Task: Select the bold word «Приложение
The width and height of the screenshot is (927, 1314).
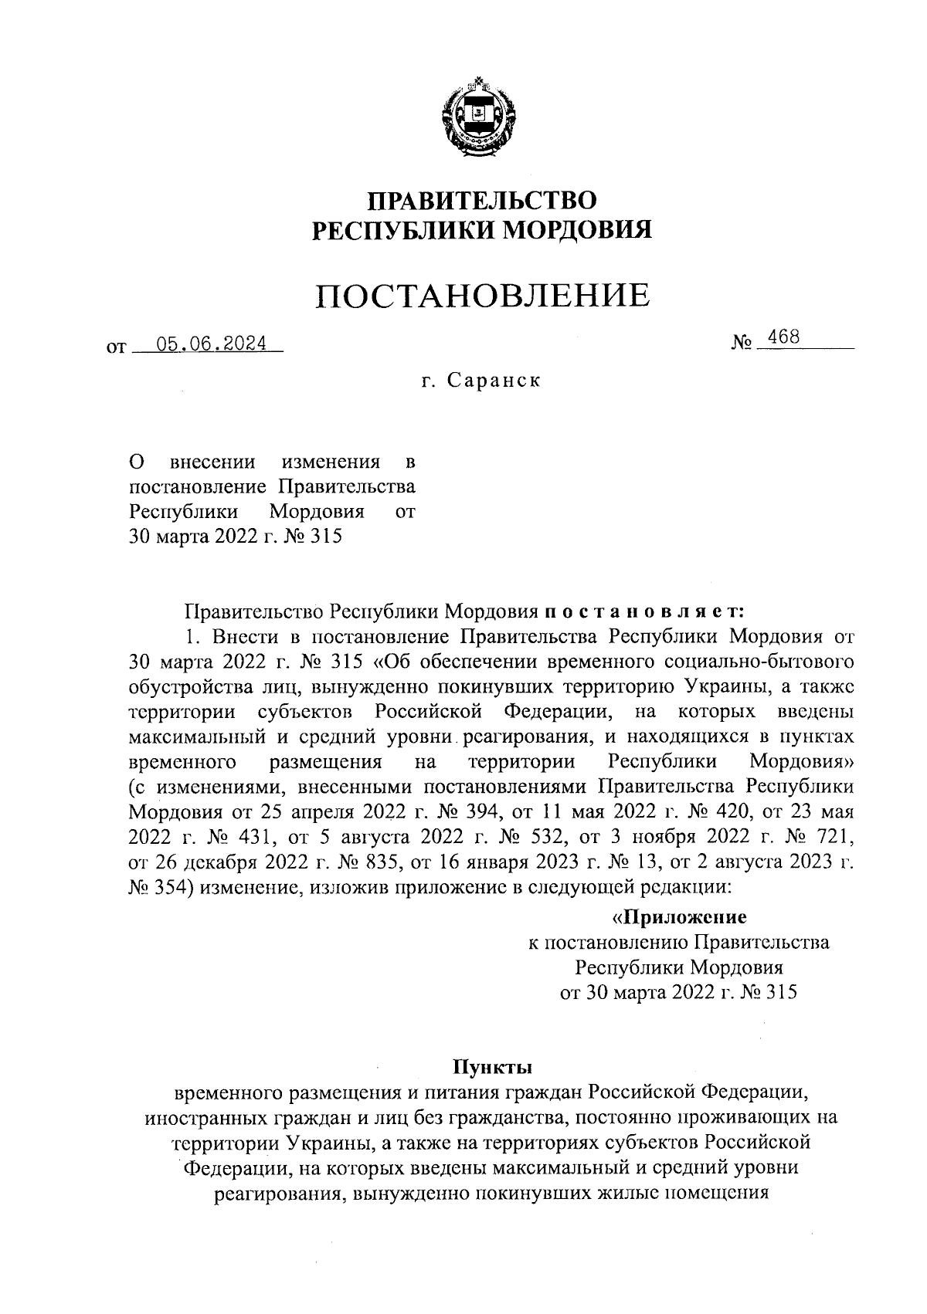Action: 679,917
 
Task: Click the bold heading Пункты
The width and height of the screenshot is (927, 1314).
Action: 492,1068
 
